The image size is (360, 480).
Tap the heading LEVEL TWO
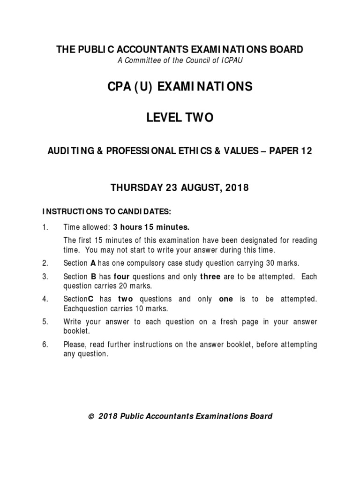(x=180, y=118)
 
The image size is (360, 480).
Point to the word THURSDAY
(x=135, y=188)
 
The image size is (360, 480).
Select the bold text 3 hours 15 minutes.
(x=151, y=227)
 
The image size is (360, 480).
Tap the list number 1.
(x=45, y=227)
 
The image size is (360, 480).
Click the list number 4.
(x=45, y=299)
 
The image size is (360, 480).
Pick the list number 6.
(x=45, y=345)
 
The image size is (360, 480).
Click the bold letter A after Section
(x=93, y=263)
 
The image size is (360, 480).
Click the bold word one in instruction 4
(x=226, y=299)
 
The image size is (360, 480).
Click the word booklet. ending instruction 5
(x=76, y=331)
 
